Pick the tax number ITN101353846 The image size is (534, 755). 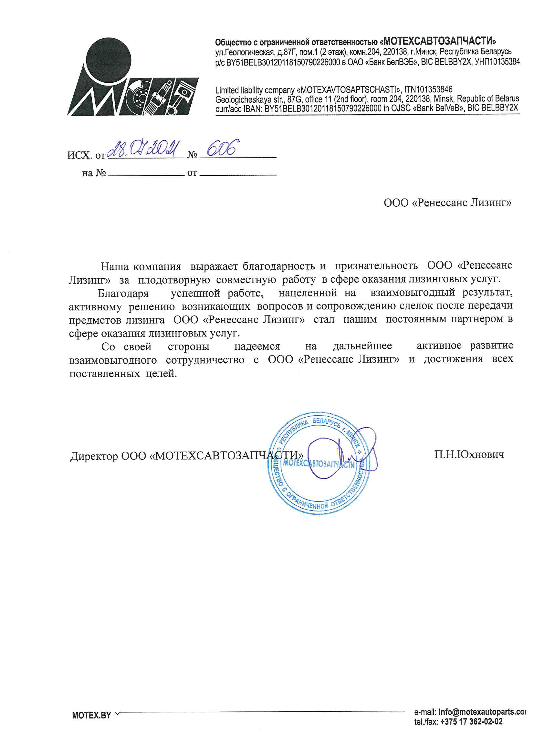click(428, 89)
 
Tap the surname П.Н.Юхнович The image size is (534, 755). click(468, 455)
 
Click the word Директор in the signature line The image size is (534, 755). click(94, 456)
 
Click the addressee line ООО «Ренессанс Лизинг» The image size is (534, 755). click(447, 202)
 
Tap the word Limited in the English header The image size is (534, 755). click(227, 90)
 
